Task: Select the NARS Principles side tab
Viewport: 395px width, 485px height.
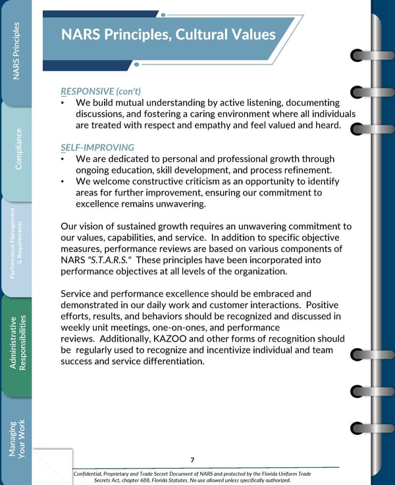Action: pyautogui.click(x=18, y=52)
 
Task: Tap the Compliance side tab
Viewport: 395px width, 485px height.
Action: pyautogui.click(x=18, y=149)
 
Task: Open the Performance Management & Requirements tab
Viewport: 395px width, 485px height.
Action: pyautogui.click(x=18, y=247)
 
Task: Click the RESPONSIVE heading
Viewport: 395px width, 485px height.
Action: pyautogui.click(x=86, y=91)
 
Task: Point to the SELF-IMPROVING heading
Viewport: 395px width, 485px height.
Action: pyautogui.click(x=97, y=147)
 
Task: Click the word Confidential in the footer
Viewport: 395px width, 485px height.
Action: pyautogui.click(x=97, y=474)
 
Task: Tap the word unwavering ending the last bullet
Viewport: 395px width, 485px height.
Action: pyautogui.click(x=172, y=205)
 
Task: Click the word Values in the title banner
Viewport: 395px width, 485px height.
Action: pyautogui.click(x=250, y=34)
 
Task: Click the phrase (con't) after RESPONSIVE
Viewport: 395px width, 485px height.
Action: pyautogui.click(x=130, y=91)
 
